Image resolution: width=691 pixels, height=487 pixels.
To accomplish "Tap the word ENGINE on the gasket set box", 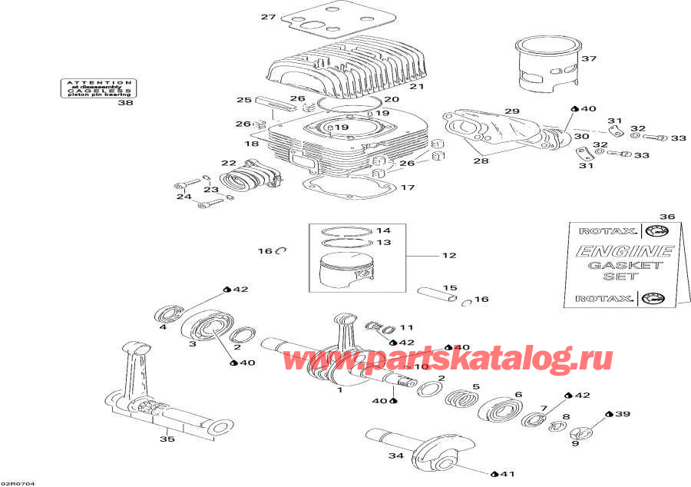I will (620, 251).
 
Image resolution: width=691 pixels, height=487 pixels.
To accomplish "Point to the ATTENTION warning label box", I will (98, 88).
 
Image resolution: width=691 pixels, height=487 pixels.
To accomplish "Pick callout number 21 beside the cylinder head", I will (416, 87).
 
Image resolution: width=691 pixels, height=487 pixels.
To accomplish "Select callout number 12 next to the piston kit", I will (448, 255).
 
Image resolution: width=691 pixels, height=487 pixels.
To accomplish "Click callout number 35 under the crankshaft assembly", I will (167, 439).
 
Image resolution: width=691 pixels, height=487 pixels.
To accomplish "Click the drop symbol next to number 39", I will (609, 414).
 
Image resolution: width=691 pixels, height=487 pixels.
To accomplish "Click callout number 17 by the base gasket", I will (408, 187).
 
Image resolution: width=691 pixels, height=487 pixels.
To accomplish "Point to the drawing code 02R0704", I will (18, 483).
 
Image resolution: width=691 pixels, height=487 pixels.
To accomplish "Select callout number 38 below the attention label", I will (124, 104).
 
